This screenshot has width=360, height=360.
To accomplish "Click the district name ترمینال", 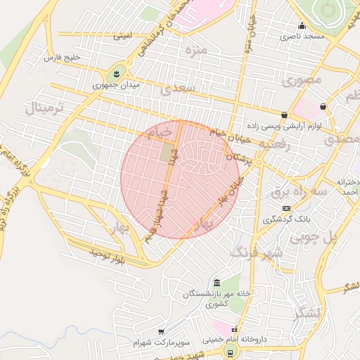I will pos(44,108).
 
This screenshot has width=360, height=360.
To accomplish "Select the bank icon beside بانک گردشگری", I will pos(286,208).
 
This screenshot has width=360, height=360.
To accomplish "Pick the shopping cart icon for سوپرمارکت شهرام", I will pos(161,332).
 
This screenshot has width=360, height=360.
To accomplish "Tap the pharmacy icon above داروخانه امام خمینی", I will pos(234,329).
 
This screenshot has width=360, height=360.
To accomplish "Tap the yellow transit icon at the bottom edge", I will pos(229,351).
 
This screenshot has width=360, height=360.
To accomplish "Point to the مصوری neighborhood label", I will pos(301,80).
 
